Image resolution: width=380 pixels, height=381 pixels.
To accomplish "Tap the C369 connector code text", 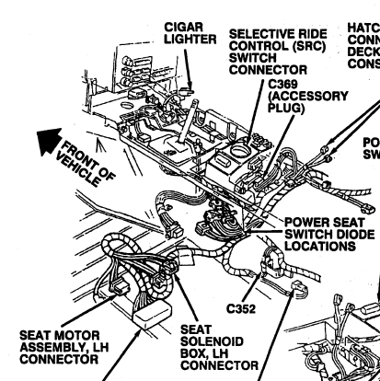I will point(280,83).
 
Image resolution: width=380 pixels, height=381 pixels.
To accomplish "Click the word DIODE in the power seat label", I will point(345,234).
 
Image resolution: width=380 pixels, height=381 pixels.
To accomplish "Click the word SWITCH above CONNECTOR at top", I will point(255,56).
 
